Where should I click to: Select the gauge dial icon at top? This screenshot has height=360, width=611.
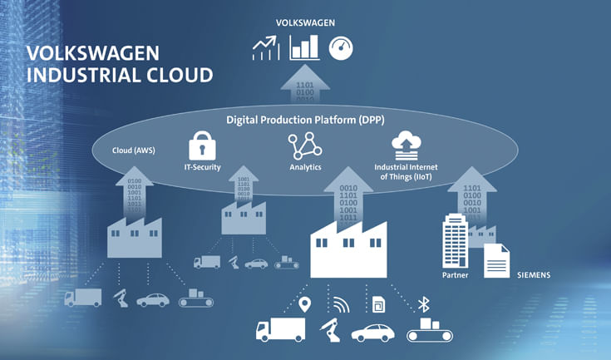click(341, 47)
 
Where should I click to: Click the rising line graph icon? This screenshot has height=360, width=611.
click(266, 48)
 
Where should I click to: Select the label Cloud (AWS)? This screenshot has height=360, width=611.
click(134, 150)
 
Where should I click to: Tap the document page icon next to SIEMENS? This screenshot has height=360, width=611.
click(497, 261)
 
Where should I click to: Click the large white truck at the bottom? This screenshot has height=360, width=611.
click(280, 330)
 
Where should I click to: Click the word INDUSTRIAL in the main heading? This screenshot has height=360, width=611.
click(81, 75)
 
